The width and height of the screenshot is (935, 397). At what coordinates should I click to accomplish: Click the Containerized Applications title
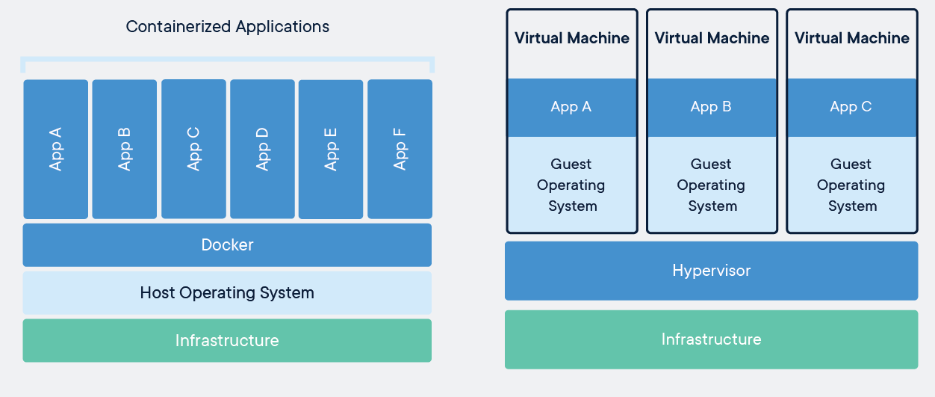(x=227, y=26)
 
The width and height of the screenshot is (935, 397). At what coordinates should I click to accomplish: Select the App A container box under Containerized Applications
(x=56, y=149)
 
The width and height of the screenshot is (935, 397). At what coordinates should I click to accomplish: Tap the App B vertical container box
(x=125, y=149)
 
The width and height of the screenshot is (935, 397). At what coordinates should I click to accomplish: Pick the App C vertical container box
(x=193, y=149)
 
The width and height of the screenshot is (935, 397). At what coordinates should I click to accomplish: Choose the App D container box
(x=262, y=149)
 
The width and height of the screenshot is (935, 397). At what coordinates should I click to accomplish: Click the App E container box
(x=331, y=149)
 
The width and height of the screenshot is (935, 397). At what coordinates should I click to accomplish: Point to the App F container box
(x=400, y=149)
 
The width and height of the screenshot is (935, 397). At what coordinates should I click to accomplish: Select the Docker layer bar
(x=227, y=244)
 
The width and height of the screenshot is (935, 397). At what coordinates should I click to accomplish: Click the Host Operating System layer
(x=227, y=292)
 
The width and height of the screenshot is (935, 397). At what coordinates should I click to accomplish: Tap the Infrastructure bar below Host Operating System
(x=227, y=340)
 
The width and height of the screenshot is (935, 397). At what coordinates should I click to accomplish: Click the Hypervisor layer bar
(x=711, y=270)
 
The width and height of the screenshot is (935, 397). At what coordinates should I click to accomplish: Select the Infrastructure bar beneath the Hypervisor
(x=711, y=339)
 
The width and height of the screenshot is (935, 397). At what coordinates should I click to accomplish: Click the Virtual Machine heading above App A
(x=572, y=38)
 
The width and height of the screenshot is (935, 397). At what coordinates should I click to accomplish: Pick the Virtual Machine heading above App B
(x=712, y=38)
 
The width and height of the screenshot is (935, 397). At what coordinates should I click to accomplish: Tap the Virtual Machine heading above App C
(x=851, y=38)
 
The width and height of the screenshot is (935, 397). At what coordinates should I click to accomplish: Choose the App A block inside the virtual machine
(x=572, y=107)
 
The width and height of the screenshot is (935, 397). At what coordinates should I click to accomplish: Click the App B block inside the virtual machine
(x=712, y=107)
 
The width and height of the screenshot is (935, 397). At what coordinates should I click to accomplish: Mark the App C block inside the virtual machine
(x=851, y=107)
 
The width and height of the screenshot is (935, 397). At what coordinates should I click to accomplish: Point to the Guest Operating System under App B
(x=712, y=185)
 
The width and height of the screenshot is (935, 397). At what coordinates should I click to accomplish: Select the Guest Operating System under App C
(x=851, y=185)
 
